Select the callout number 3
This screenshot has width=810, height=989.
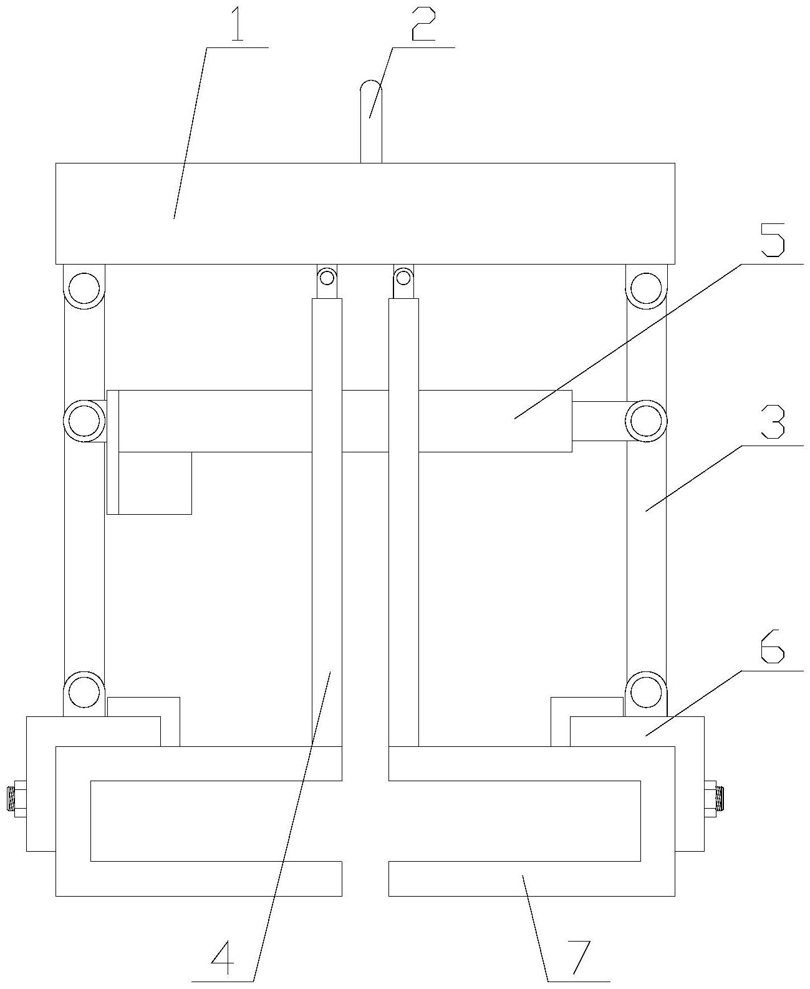773,424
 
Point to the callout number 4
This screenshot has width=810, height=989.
223,960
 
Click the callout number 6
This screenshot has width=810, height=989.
773,651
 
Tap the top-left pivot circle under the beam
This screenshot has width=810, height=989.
84,288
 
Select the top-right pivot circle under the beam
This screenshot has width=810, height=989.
645,288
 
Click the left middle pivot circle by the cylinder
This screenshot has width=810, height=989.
84,421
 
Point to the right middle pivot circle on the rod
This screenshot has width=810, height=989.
645,421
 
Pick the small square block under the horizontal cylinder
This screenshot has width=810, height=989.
155,483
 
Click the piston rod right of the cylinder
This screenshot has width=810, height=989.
599,421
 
